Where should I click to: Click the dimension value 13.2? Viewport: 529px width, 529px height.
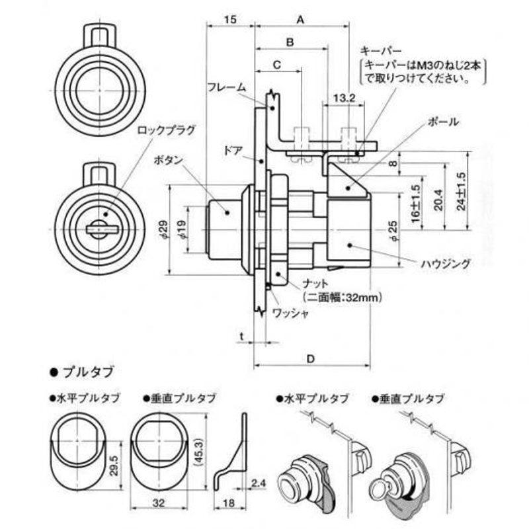(x=344, y=99)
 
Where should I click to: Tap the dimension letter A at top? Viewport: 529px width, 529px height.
(x=300, y=20)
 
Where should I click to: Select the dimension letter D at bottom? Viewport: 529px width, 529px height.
(x=310, y=359)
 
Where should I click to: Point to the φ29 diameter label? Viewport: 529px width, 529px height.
(x=163, y=229)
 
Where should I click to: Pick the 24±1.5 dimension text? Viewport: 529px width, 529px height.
(x=461, y=191)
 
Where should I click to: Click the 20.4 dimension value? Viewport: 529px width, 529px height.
(x=438, y=200)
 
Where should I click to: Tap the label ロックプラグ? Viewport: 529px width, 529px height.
(x=167, y=130)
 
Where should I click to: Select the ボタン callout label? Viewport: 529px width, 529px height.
(x=168, y=160)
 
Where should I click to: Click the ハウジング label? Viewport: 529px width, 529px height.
(x=446, y=263)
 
